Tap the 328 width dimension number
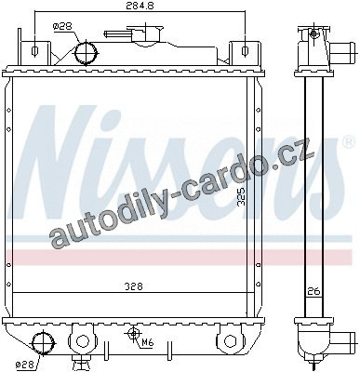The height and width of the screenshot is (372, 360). pyautogui.click(x=134, y=286)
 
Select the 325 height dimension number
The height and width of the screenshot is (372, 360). pyautogui.click(x=241, y=196)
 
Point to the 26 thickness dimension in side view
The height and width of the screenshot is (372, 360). pyautogui.click(x=313, y=291)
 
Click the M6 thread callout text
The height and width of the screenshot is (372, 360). pyautogui.click(x=148, y=342)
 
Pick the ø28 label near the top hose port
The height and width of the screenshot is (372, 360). pyautogui.click(x=62, y=27)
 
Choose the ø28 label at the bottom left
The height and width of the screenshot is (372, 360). pyautogui.click(x=26, y=364)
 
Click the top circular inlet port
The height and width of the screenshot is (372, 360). pyautogui.click(x=86, y=53)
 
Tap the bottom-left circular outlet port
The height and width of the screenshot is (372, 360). pyautogui.click(x=43, y=343)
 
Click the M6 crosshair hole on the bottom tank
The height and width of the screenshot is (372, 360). pyautogui.click(x=134, y=334)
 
